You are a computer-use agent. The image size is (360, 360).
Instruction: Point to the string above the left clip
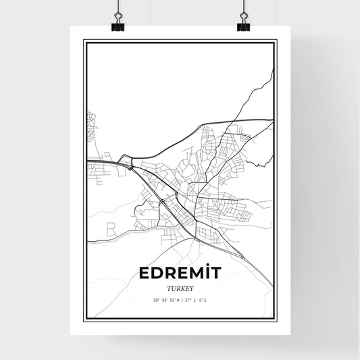click(118, 8)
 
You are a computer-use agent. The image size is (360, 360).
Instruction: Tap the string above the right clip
click(243, 8)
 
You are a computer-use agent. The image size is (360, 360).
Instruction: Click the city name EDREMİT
click(179, 274)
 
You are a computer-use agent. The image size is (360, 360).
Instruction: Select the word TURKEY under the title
click(179, 288)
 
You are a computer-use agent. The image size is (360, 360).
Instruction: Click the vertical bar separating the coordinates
click(180, 300)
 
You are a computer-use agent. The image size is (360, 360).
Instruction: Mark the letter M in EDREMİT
click(197, 274)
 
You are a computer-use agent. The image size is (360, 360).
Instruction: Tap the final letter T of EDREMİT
click(217, 274)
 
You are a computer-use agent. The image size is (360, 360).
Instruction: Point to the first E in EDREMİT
click(143, 274)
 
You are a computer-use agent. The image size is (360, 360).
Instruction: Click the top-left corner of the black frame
click(84, 41)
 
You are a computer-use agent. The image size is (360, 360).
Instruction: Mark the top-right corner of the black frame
click(276, 41)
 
